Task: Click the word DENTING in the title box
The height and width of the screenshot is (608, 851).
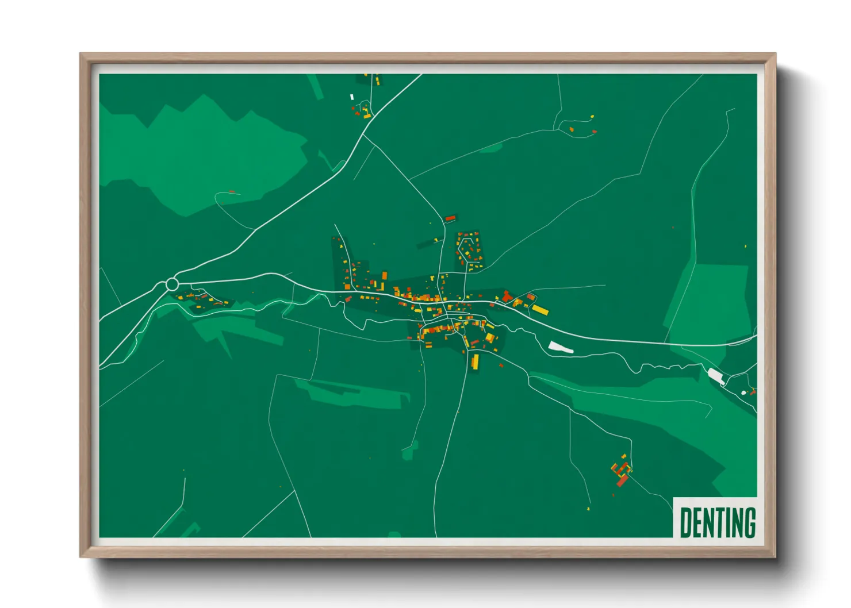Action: click(x=718, y=522)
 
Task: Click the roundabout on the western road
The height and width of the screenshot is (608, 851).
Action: click(x=172, y=284)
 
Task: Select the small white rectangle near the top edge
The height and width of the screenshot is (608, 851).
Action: click(x=352, y=97)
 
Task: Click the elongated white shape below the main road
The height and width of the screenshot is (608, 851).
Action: click(x=561, y=347)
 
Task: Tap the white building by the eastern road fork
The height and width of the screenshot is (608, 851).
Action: click(x=716, y=376)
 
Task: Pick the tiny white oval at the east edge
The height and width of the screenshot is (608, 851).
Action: click(x=743, y=392)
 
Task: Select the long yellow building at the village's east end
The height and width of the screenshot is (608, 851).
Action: click(x=540, y=310)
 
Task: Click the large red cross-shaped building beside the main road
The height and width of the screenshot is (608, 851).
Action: click(x=507, y=297)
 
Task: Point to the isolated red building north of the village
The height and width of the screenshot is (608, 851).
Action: click(x=450, y=218)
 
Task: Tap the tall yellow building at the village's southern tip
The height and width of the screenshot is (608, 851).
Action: click(x=476, y=361)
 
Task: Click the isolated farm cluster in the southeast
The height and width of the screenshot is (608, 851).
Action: click(x=622, y=472)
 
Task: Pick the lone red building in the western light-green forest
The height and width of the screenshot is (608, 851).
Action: click(x=232, y=191)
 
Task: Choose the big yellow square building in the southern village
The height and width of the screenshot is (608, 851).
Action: click(x=489, y=337)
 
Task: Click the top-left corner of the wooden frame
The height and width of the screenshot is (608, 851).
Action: click(x=80, y=54)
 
